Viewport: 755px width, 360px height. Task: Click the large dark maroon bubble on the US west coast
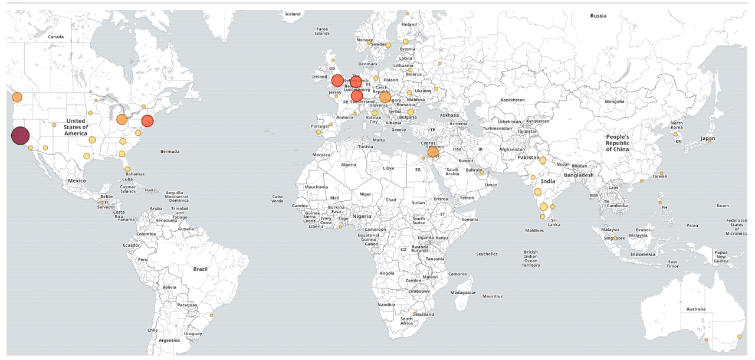click(x=20, y=136)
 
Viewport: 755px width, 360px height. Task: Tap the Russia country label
click(x=598, y=16)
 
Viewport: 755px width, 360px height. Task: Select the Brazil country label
click(x=201, y=269)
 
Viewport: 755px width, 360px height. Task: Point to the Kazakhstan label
click(x=512, y=100)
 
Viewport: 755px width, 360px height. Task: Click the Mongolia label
click(x=614, y=102)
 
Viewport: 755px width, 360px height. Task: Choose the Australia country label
click(x=695, y=309)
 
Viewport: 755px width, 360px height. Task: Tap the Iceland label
click(x=293, y=14)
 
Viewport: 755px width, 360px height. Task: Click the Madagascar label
click(x=462, y=293)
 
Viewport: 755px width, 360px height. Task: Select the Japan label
click(x=707, y=138)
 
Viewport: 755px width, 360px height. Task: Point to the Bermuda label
click(x=169, y=152)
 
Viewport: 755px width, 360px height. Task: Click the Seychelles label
click(x=487, y=254)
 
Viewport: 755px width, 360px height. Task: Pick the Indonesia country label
click(x=642, y=254)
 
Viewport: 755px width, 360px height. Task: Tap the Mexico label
click(x=77, y=181)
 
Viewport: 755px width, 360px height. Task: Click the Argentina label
click(x=169, y=341)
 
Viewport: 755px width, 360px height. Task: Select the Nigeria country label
click(x=362, y=216)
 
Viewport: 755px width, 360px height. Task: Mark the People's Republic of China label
click(x=618, y=143)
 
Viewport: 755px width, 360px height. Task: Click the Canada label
click(x=55, y=37)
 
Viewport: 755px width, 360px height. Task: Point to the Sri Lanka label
click(x=554, y=222)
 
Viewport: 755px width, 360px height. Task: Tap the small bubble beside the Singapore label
click(x=615, y=238)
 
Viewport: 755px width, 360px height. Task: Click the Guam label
click(x=723, y=205)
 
